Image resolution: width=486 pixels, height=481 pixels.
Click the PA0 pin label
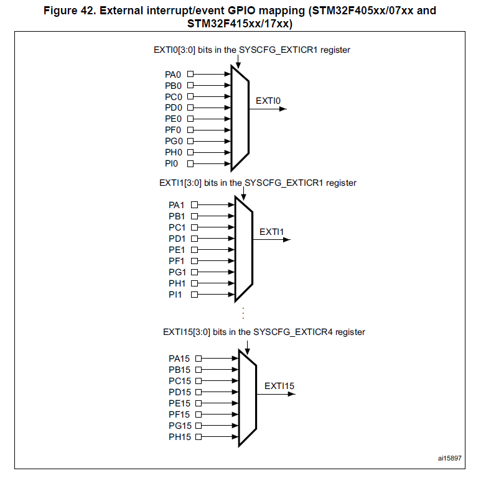tap(173, 74)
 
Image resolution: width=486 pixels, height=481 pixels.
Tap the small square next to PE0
tap(190, 119)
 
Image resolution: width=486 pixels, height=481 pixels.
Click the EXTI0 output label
tap(269, 100)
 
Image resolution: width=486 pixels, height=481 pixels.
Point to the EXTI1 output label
tap(272, 232)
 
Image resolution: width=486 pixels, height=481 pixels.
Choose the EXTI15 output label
tap(279, 386)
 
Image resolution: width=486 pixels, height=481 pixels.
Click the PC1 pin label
tap(177, 227)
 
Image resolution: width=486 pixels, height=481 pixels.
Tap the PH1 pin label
tap(177, 283)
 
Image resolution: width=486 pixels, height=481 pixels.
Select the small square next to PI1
tap(194, 295)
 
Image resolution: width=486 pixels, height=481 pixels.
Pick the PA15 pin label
tap(180, 359)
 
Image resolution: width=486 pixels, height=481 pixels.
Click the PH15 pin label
tap(180, 437)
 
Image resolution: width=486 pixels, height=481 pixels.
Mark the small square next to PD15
tap(199, 392)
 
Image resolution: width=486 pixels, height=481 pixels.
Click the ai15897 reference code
tap(450, 459)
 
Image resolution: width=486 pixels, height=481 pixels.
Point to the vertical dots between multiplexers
tap(244, 313)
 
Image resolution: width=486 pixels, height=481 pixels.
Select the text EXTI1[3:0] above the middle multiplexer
tap(181, 183)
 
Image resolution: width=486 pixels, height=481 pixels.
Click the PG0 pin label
tap(173, 141)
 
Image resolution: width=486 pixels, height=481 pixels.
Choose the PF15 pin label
tap(180, 415)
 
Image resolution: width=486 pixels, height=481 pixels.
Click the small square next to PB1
tap(194, 216)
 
